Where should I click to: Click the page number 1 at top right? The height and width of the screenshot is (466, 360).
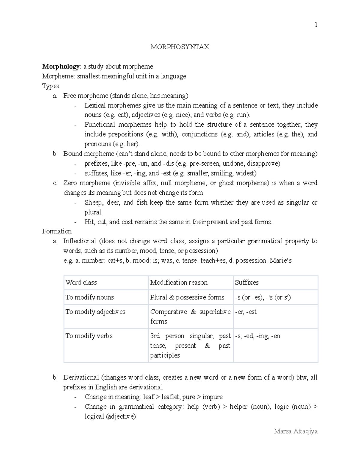coord(316,25)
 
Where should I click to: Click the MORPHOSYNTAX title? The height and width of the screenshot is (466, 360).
coord(180,47)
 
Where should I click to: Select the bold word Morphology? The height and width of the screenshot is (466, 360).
coord(61,66)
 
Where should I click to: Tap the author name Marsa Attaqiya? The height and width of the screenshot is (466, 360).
coord(295,431)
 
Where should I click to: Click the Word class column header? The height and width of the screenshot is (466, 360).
coord(81,282)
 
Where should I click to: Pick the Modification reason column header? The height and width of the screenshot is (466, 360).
coord(179,282)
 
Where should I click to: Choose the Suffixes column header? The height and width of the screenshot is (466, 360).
coord(247,282)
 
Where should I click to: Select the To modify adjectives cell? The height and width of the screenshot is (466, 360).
coord(95,312)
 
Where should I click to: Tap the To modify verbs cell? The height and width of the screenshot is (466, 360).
coord(89,336)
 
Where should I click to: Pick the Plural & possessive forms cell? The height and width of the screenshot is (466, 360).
coord(187,297)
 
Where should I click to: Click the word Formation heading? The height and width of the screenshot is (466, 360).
coord(57,231)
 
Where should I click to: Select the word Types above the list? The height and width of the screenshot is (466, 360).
coord(51,86)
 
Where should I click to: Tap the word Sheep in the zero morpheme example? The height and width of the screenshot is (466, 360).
coord(93,203)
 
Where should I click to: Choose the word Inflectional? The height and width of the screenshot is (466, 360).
coord(79,241)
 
